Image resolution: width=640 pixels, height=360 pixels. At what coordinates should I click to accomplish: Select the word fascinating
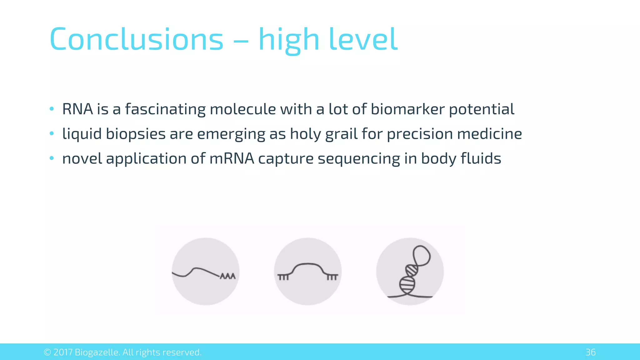(x=165, y=109)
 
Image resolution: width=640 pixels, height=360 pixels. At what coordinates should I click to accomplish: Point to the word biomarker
(x=407, y=109)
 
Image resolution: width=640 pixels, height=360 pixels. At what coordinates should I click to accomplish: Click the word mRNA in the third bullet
(x=232, y=158)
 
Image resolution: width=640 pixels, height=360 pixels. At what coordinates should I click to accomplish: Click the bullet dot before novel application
(x=52, y=158)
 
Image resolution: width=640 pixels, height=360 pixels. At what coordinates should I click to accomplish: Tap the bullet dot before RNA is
(x=52, y=109)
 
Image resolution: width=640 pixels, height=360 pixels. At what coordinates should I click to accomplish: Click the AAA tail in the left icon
(x=228, y=276)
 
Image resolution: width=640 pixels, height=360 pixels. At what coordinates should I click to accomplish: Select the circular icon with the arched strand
(x=308, y=271)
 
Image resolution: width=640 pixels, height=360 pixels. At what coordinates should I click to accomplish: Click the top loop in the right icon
(x=422, y=255)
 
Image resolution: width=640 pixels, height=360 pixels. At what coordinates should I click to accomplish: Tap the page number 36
(x=590, y=352)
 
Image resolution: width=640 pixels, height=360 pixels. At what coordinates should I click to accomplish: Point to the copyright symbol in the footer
(x=47, y=352)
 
